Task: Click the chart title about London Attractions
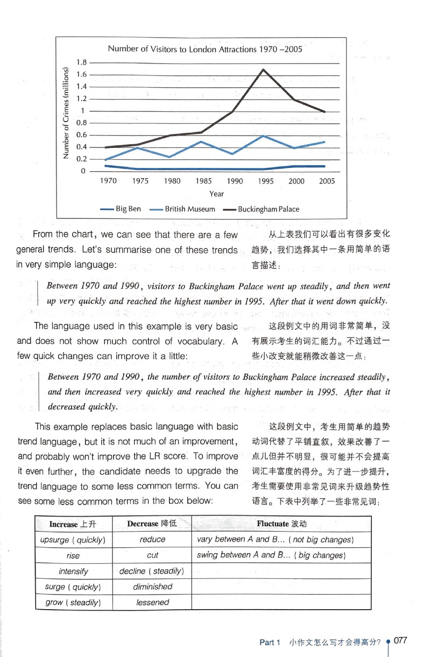click(205, 49)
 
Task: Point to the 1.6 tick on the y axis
click(82, 75)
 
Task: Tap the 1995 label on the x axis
click(265, 181)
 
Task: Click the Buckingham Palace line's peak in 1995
click(263, 69)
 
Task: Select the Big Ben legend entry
click(121, 209)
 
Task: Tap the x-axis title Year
click(217, 194)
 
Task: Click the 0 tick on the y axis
click(83, 171)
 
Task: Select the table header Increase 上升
click(72, 524)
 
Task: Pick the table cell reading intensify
click(73, 571)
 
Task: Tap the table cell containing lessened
click(152, 603)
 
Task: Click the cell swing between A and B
click(271, 555)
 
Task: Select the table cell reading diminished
click(152, 587)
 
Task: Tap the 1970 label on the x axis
click(108, 181)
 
